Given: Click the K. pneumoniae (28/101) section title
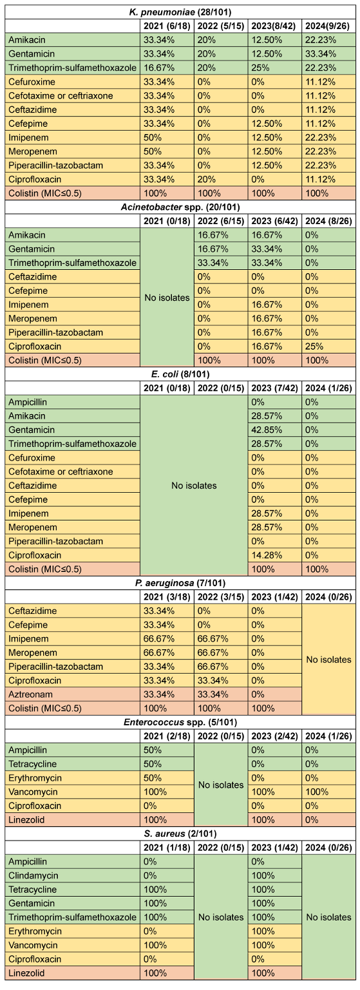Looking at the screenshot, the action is tap(180, 12).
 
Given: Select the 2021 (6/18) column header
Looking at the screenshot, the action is tap(167, 26).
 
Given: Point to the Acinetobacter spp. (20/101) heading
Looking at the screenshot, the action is tap(180, 207).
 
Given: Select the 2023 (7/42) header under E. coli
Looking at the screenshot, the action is tap(275, 388).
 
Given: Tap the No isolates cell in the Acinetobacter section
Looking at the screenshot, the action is tap(167, 298).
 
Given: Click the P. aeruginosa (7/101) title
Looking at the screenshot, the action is tap(180, 583).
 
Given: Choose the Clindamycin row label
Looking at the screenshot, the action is tap(33, 875).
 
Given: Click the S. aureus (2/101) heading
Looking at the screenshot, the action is tap(180, 834).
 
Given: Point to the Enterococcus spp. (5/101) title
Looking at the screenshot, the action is tap(180, 722).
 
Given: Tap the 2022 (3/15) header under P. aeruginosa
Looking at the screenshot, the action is tap(221, 597).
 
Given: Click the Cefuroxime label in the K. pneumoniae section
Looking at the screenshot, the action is tap(32, 82).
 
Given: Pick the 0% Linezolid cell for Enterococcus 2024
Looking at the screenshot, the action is tap(312, 820).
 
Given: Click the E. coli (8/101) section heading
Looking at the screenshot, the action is tap(180, 374).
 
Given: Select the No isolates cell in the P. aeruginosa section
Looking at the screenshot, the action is tap(328, 660).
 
